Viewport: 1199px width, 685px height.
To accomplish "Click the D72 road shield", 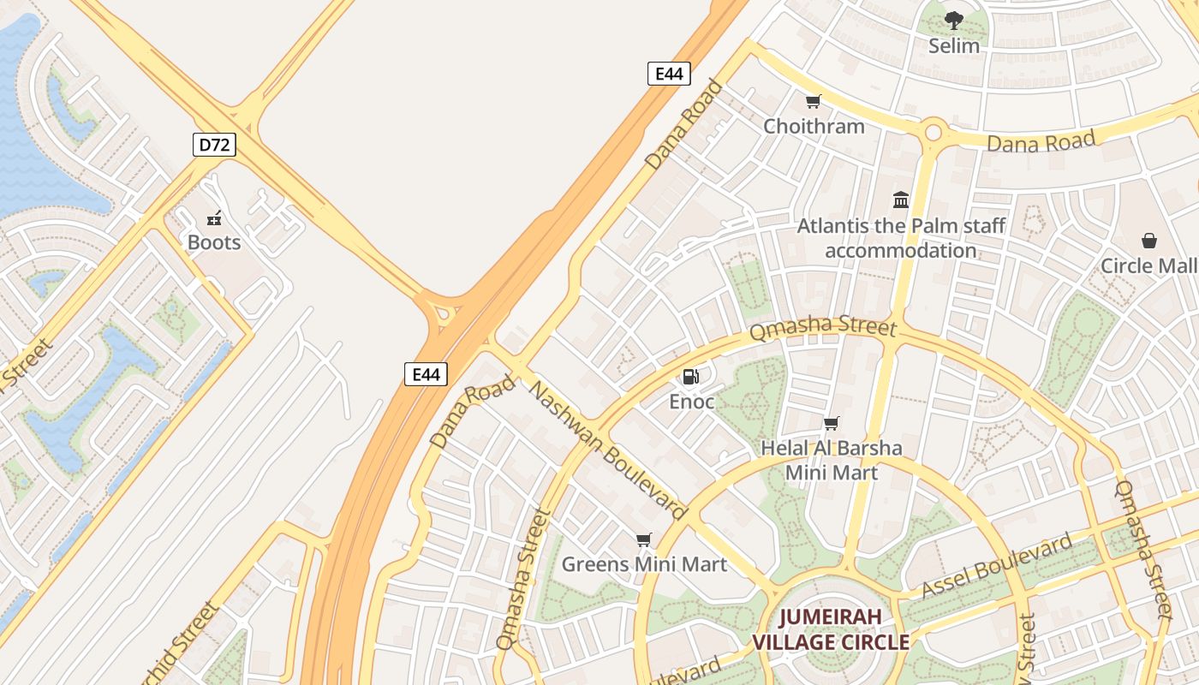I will click(x=214, y=145).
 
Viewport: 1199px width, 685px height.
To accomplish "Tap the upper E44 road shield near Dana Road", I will click(x=669, y=74).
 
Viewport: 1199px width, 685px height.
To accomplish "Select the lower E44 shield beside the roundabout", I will click(x=426, y=374).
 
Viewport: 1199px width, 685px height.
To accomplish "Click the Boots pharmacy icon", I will click(x=214, y=218).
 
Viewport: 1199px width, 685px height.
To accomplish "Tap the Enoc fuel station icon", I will click(x=690, y=377).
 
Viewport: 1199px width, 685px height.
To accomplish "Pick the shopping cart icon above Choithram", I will click(x=813, y=102).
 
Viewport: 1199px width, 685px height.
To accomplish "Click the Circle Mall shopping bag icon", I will click(x=1148, y=241).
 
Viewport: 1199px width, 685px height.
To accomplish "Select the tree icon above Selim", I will click(x=953, y=21).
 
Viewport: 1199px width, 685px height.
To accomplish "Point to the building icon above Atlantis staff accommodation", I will click(x=901, y=200).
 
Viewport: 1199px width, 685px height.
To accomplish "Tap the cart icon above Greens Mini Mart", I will click(x=644, y=539).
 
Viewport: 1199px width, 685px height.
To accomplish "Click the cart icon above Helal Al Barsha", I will click(x=831, y=423).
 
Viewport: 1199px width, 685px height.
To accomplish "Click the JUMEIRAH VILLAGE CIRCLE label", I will click(x=830, y=629).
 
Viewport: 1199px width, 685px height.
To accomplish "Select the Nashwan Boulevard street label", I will click(x=608, y=450).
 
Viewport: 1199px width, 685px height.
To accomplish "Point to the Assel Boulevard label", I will click(x=997, y=566).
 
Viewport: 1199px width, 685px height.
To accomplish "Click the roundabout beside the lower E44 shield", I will click(x=443, y=314).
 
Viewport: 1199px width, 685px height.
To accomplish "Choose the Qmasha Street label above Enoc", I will click(x=822, y=330).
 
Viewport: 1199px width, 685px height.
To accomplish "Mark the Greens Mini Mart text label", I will click(x=644, y=564).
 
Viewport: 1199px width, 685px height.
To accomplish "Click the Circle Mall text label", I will click(x=1148, y=265).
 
